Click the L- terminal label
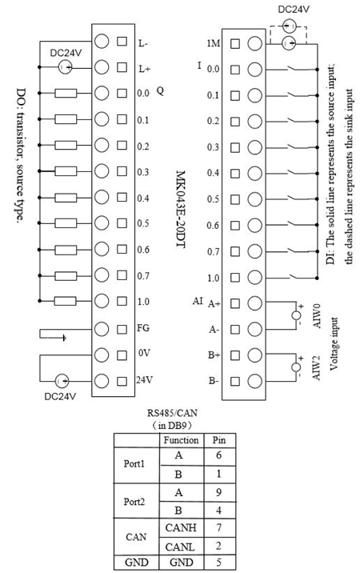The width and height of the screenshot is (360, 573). pos(143,43)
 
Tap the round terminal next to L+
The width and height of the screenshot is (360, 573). pos(102,67)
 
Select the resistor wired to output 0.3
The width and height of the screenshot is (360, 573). pos(66,171)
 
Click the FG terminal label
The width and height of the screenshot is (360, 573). pos(143,328)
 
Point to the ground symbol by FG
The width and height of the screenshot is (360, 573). pos(64,338)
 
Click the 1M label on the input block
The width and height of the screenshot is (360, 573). pos(214,43)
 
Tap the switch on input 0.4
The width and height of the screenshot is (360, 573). pos(294,173)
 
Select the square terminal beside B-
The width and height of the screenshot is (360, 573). pos(235,382)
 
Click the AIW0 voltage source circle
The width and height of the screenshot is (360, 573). pos(297,315)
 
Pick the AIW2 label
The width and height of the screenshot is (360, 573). pos(317,367)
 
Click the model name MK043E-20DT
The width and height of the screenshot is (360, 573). pos(181,209)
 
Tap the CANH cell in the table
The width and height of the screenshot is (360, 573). pos(181,527)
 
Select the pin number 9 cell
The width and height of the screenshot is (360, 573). pos(219,492)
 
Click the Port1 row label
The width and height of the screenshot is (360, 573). pos(134,464)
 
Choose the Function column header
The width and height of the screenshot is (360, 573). pos(181,440)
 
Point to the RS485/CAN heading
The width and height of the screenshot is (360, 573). pos(172,413)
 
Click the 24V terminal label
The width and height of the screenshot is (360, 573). pos(145,380)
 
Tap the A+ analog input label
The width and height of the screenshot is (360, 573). pos(214,303)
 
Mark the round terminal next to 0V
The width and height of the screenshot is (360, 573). pos(102,355)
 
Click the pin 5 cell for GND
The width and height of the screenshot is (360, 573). pos(219,562)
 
